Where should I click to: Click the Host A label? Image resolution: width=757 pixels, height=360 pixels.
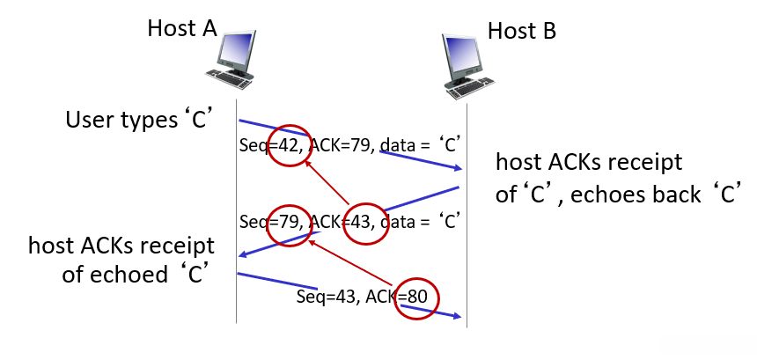(182, 28)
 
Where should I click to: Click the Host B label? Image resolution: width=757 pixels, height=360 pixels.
(522, 31)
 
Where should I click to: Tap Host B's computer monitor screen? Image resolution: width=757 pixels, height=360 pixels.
(464, 54)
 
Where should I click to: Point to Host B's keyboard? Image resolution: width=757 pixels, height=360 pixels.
(468, 88)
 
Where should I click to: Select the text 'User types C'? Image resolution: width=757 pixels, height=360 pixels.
(140, 120)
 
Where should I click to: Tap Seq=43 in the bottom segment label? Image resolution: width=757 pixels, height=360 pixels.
(327, 297)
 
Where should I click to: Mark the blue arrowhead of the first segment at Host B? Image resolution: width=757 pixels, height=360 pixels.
(457, 168)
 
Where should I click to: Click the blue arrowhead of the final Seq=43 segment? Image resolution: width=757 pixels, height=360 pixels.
(457, 316)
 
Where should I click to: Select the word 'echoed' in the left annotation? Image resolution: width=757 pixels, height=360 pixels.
(121, 274)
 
